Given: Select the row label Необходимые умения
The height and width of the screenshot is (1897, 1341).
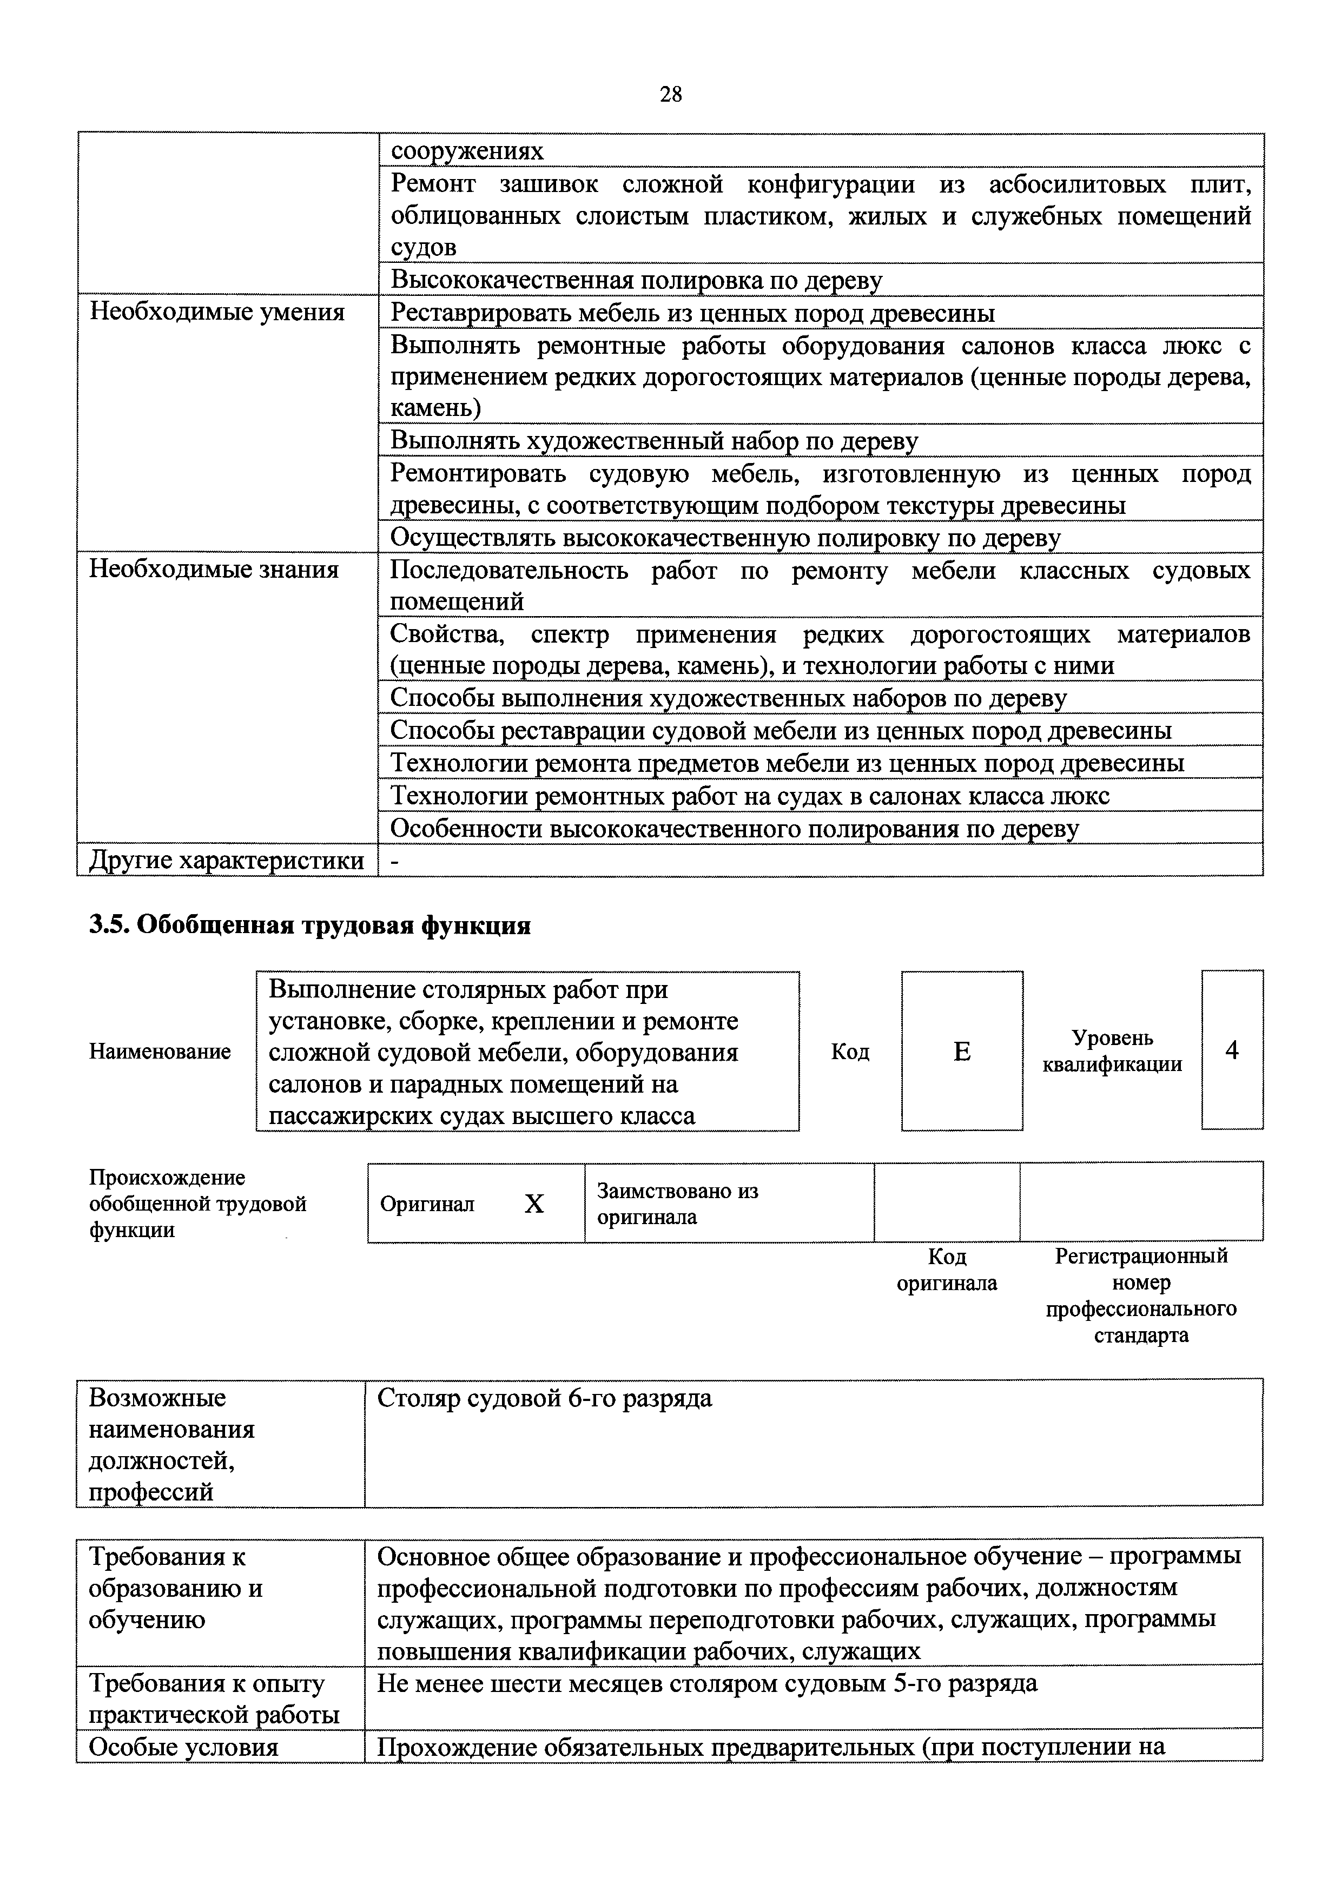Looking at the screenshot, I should pos(216,312).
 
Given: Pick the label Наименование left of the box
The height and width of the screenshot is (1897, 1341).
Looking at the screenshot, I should pos(160,1052).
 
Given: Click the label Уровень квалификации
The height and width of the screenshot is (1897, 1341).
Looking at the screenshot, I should pos(1112,1051).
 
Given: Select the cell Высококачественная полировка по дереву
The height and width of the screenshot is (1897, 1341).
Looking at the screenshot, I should pos(636,281).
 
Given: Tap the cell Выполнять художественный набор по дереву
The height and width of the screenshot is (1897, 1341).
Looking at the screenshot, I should pos(653,440).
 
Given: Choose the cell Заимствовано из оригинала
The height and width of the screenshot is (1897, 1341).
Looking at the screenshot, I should pos(677,1204).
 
